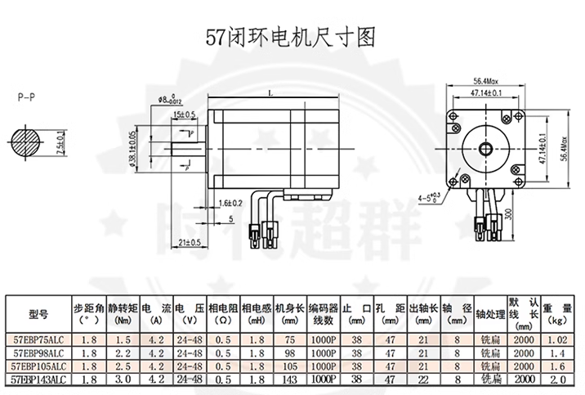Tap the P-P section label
coord(25,97)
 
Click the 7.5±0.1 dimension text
coord(61,146)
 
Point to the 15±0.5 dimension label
coord(184,114)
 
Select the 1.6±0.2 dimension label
coord(231,203)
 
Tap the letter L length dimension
coord(269,93)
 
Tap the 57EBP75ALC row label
coord(38,338)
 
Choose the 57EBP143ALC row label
coord(38,379)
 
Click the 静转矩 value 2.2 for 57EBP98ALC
coord(123,352)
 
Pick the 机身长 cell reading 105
coord(290,366)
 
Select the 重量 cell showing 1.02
coord(558,338)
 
